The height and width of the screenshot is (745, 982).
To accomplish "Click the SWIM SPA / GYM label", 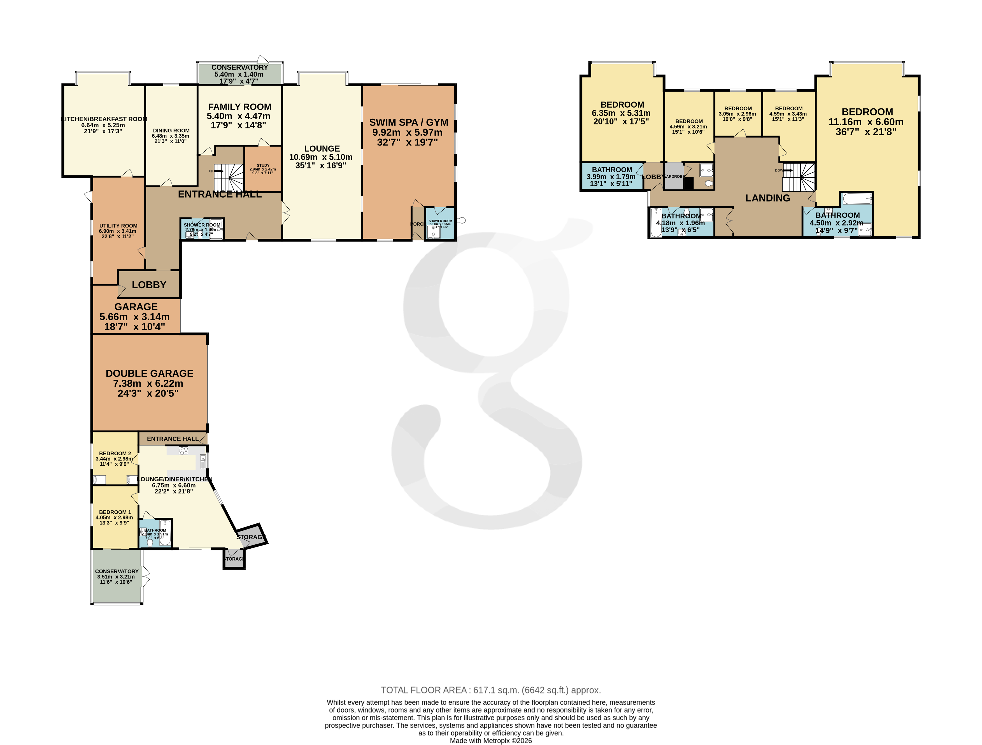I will (408, 122).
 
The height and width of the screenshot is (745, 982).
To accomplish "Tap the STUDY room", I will (263, 169).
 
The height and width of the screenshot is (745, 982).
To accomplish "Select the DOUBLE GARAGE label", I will (149, 373).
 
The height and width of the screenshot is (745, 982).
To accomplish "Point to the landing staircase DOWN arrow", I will (788, 170).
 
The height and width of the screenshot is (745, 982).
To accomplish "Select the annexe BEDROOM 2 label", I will (115, 453).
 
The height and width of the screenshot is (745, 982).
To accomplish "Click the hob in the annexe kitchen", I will (183, 451).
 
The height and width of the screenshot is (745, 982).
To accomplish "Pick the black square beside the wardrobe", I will (688, 183).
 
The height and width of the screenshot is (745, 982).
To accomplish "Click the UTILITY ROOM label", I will (118, 226).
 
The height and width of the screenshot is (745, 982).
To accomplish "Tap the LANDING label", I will (767, 198).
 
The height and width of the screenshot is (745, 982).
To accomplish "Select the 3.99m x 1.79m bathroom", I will (612, 176).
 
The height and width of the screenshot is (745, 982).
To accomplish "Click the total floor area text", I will (490, 690).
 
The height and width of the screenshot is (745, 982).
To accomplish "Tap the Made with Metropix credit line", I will (490, 740).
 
